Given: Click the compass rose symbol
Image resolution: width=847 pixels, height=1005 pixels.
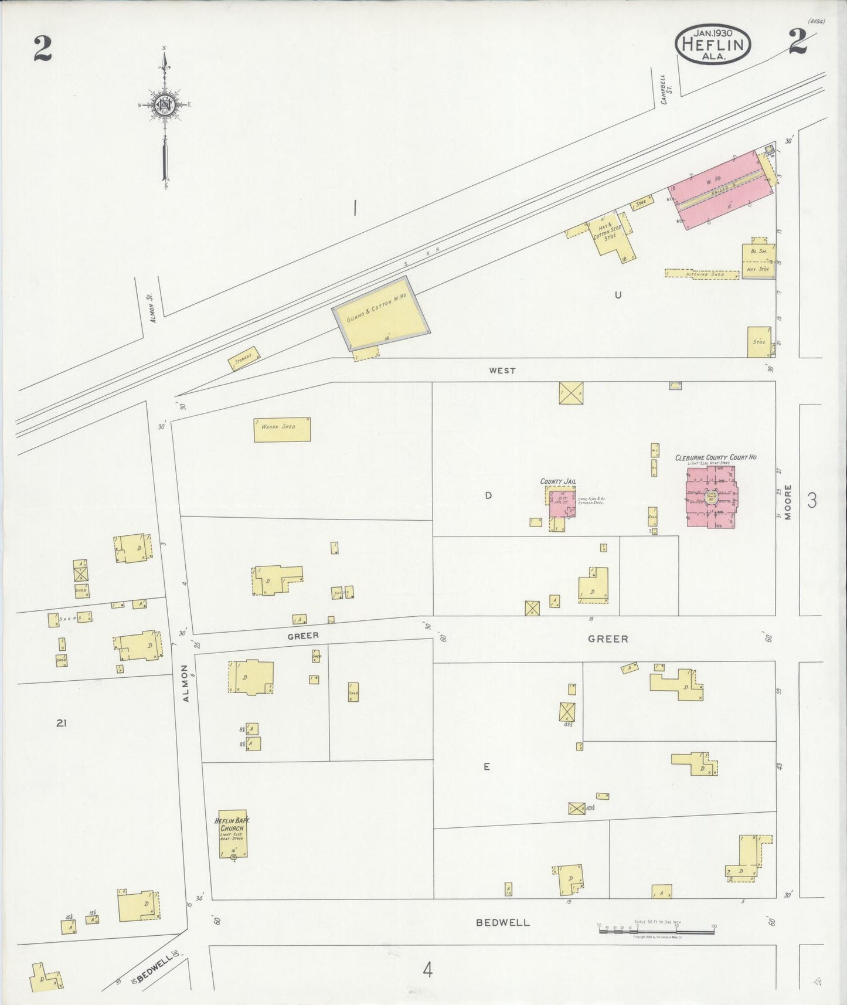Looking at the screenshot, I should (165, 106).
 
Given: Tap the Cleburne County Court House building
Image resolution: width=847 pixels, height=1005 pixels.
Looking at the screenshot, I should (711, 496).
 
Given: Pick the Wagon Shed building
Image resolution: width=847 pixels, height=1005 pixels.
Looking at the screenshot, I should (282, 429).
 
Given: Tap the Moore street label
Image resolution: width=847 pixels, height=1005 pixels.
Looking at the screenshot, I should (788, 502).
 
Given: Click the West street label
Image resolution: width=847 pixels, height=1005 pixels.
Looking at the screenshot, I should (502, 371).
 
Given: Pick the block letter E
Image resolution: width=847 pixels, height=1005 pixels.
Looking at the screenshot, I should (487, 766).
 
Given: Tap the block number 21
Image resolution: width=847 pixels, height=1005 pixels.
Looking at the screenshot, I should (61, 724).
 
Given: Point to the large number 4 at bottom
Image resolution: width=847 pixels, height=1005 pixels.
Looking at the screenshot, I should (428, 970).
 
